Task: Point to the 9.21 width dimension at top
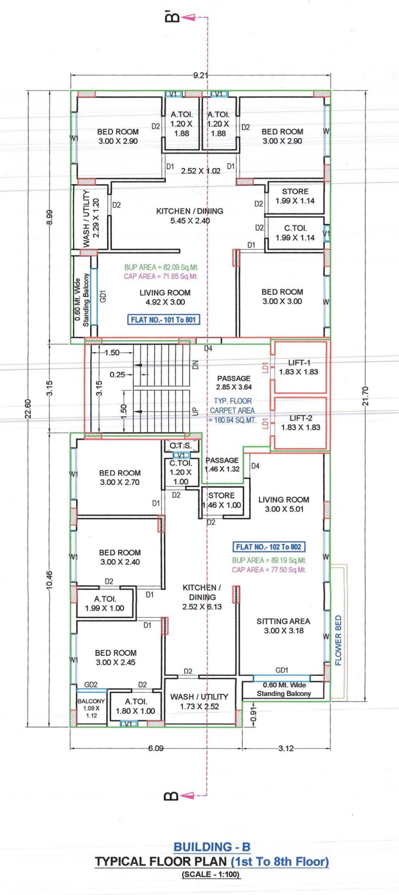click(200, 76)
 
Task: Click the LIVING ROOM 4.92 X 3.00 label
click(165, 297)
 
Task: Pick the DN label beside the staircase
click(195, 365)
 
